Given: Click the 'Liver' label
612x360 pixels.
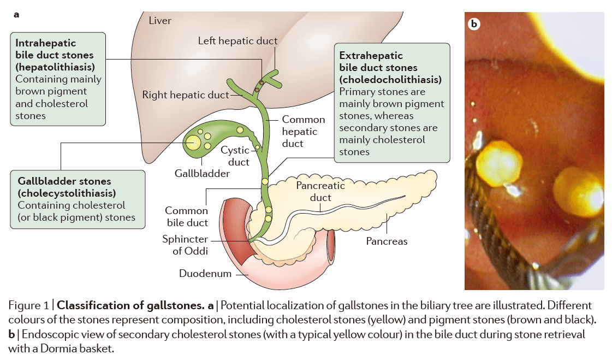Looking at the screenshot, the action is click(x=159, y=20).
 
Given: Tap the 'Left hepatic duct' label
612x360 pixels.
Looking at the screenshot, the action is click(x=237, y=40).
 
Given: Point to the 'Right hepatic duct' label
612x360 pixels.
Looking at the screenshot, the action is click(x=186, y=95).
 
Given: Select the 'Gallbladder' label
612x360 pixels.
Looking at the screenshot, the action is click(x=202, y=173).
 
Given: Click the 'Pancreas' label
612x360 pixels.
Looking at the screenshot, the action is click(x=387, y=241).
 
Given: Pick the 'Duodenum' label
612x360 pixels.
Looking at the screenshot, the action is click(x=205, y=273).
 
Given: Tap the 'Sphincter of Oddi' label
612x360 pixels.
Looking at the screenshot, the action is click(x=185, y=245).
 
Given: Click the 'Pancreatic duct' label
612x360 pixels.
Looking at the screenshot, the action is click(x=320, y=191).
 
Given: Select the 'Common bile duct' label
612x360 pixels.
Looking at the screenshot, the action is click(x=186, y=216).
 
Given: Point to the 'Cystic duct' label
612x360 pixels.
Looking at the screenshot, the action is click(x=235, y=156).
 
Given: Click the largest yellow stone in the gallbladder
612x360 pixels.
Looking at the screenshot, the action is click(x=193, y=143).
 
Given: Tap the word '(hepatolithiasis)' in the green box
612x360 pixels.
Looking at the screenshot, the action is click(x=55, y=67).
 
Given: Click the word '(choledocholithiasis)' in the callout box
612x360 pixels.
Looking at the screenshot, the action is click(x=390, y=80).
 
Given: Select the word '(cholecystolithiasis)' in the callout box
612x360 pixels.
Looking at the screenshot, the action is click(x=67, y=193).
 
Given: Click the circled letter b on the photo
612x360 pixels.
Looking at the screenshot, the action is click(x=474, y=24).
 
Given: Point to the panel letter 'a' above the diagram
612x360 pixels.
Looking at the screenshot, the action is click(x=16, y=15).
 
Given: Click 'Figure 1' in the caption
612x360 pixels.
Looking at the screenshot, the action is click(x=29, y=305).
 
